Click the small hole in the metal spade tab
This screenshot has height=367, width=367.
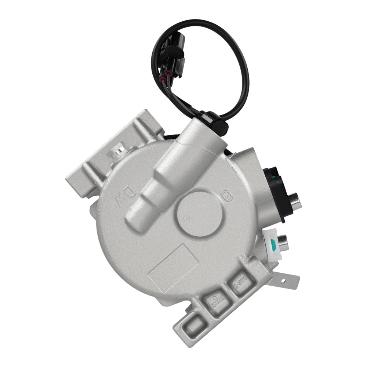pyautogui.click(x=283, y=281)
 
